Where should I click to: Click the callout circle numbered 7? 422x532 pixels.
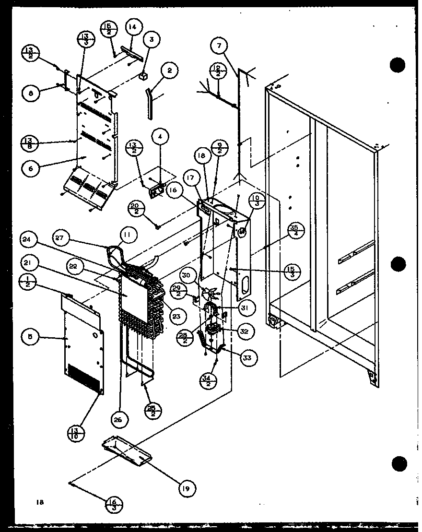click(219, 47)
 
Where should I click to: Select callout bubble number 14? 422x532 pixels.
click(132, 27)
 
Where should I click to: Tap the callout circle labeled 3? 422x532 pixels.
click(151, 40)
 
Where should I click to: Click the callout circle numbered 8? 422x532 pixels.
click(31, 95)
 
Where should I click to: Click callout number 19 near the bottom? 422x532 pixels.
click(185, 489)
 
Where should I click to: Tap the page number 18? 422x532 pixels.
click(39, 502)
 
